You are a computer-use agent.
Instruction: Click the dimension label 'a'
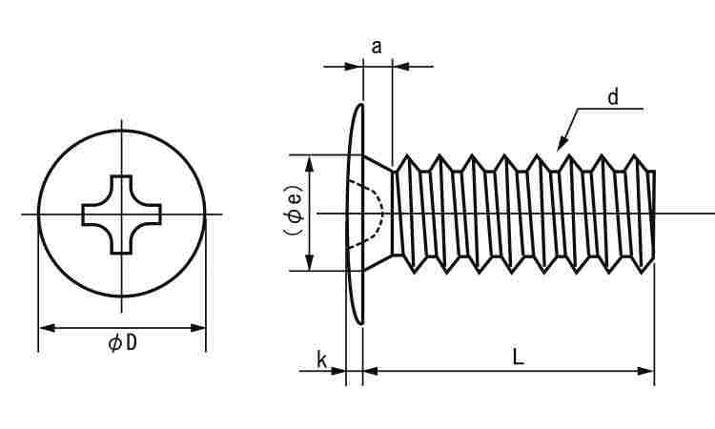(377, 45)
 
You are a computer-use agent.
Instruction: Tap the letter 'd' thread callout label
(613, 96)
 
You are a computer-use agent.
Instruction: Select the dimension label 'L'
(517, 357)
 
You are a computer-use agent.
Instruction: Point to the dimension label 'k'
(321, 359)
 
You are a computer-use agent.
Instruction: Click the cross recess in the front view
(122, 214)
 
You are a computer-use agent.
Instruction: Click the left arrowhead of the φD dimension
(45, 328)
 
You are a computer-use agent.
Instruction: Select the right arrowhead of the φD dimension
(199, 328)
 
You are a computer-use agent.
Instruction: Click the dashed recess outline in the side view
(378, 213)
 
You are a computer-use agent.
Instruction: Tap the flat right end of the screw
(654, 214)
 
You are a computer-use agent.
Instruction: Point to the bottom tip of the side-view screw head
(361, 322)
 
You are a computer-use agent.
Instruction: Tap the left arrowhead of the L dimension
(371, 371)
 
